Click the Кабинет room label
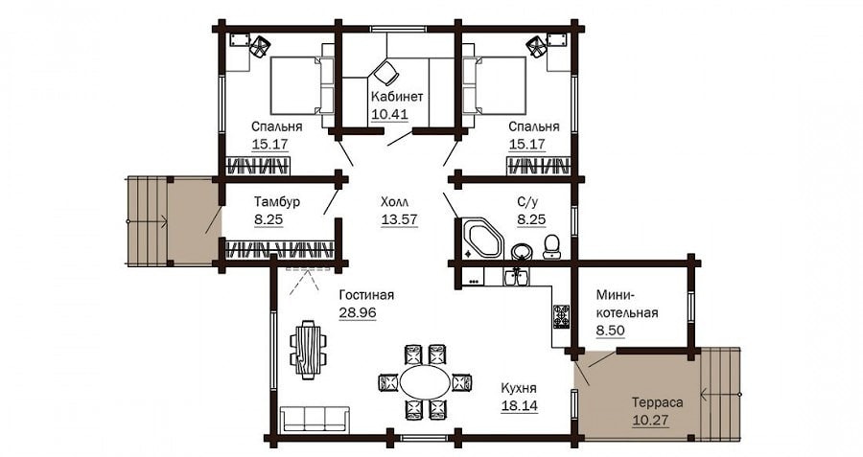[397, 97]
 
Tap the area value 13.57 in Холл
[399, 219]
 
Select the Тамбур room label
[277, 201]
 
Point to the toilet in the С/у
[551, 246]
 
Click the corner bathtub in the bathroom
[482, 239]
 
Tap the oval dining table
[425, 382]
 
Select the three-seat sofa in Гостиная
[315, 419]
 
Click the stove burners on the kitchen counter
[561, 316]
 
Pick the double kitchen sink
[516, 277]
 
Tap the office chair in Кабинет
[385, 72]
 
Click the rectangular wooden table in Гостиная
[308, 350]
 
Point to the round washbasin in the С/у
[521, 252]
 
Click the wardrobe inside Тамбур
[280, 249]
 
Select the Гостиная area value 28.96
[358, 312]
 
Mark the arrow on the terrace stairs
[720, 394]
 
